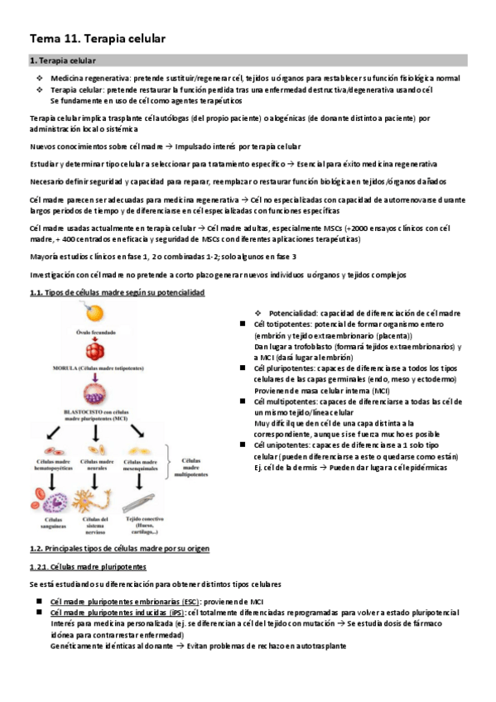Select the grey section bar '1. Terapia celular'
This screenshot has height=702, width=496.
click(248, 60)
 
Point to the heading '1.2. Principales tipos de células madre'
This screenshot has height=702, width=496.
click(119, 549)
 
